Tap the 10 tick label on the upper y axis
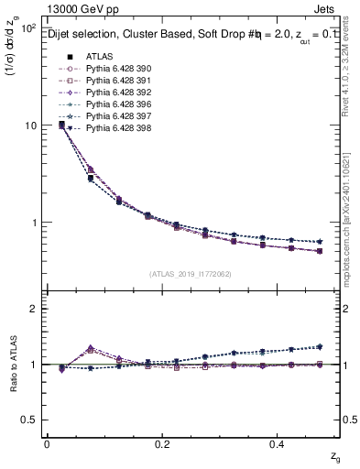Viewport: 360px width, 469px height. click(29, 125)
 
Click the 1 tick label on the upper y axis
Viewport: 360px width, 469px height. click(32, 223)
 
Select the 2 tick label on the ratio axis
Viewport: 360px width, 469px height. click(32, 309)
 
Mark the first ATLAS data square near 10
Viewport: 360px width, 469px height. click(61, 124)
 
